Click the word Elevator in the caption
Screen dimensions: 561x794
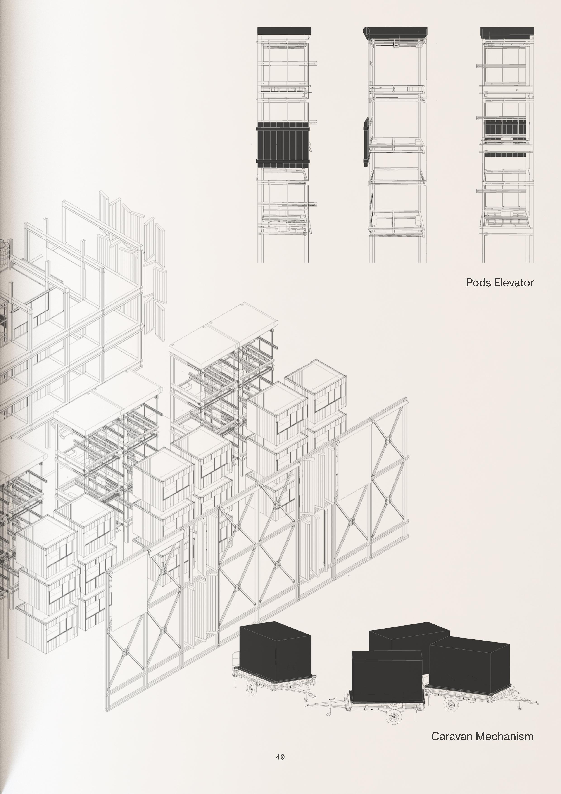tap(514, 282)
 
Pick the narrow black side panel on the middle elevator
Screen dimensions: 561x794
tap(366, 141)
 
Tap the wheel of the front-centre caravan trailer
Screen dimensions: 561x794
tap(394, 717)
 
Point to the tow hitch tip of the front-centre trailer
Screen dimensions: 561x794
tap(307, 706)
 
